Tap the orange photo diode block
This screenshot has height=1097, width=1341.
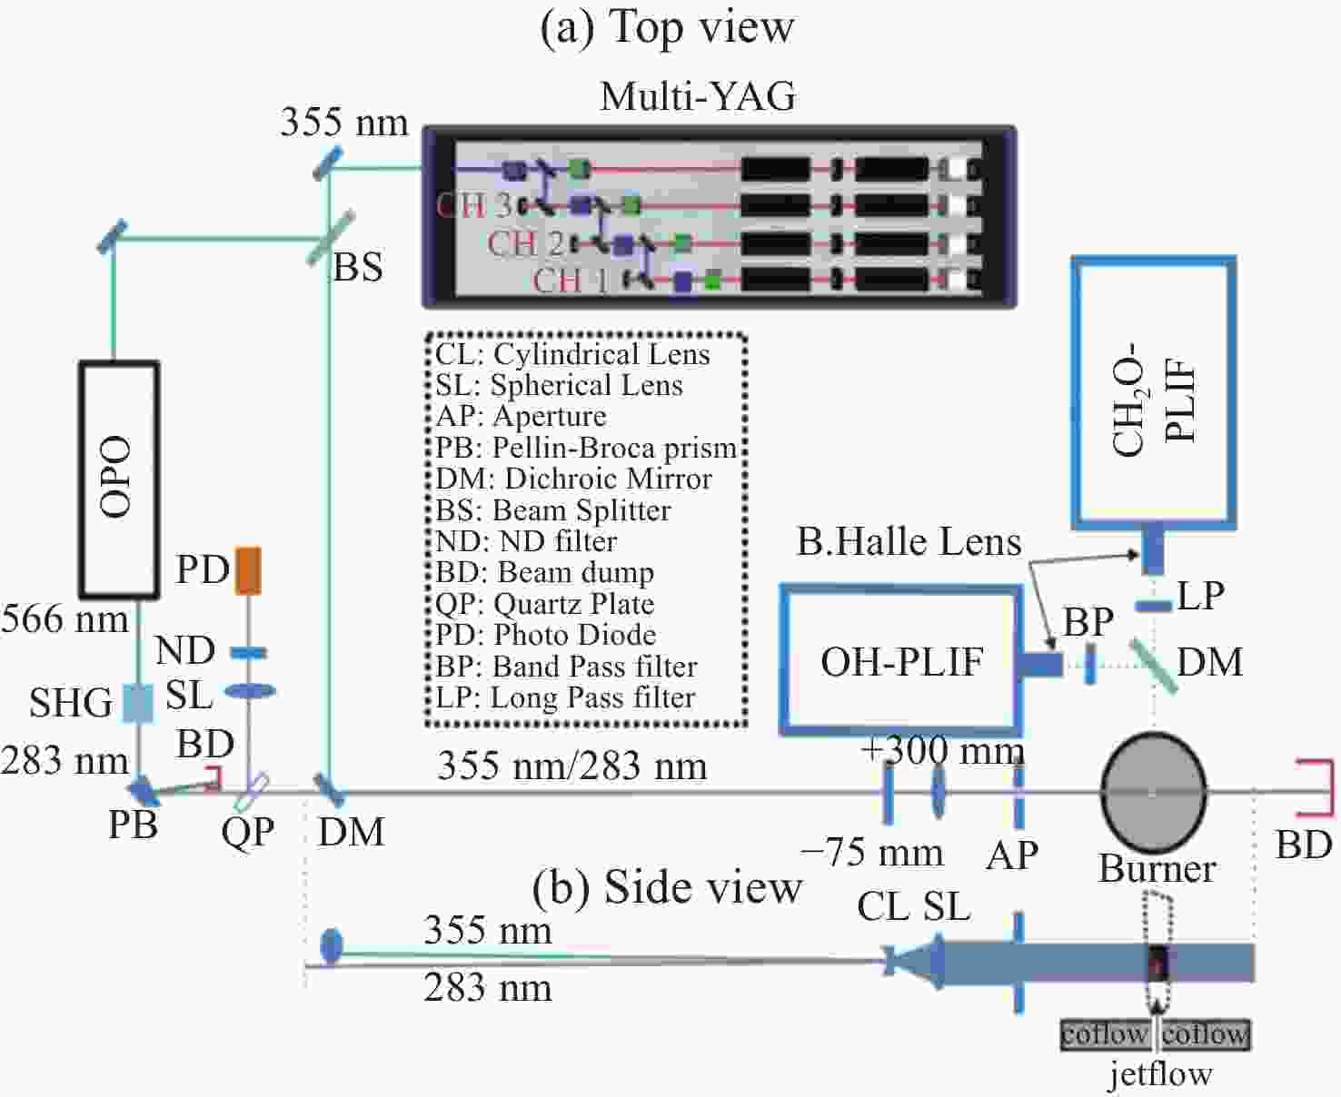(x=247, y=570)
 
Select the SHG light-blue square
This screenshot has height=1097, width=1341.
(x=138, y=703)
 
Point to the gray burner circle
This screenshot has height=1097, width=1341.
(x=1154, y=791)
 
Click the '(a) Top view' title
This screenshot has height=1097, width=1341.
(x=667, y=28)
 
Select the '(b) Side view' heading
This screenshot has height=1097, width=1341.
(x=667, y=887)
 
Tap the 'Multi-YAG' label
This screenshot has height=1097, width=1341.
(x=698, y=96)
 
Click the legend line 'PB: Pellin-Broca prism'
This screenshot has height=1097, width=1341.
(x=586, y=448)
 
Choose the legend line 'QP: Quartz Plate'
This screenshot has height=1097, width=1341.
(x=545, y=604)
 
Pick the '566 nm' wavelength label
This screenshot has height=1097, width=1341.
(x=65, y=619)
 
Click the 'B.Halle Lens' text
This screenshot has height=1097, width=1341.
(x=909, y=541)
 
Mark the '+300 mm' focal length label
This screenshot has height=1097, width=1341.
(x=942, y=751)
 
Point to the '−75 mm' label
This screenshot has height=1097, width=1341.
(x=871, y=853)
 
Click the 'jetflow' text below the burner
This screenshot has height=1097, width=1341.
(x=1160, y=1073)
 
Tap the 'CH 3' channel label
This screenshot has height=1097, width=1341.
(x=473, y=204)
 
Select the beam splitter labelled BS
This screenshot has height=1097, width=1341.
(x=331, y=238)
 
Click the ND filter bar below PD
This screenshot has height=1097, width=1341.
(x=248, y=653)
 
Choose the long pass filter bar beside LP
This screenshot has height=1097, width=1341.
(x=1154, y=607)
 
